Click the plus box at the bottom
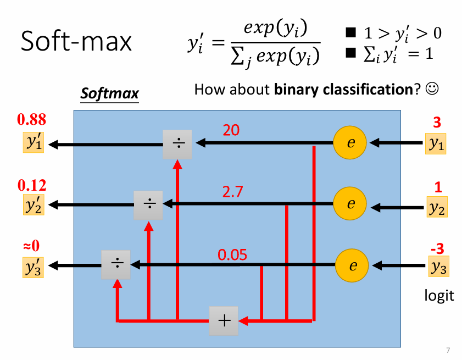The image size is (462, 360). click(224, 320)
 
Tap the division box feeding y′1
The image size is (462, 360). click(177, 144)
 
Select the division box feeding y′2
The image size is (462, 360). click(149, 204)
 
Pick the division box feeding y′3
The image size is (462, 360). click(116, 264)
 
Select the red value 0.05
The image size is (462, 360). click(232, 255)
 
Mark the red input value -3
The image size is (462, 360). click(437, 249)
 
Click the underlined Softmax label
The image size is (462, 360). click(109, 93)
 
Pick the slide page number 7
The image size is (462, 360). click(448, 350)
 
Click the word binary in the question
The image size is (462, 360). click(296, 89)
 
